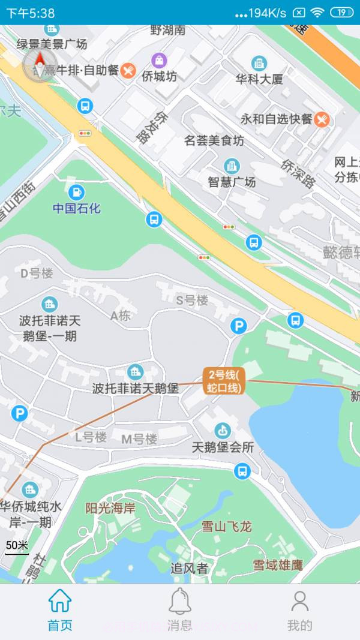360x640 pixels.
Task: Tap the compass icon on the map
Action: (x=40, y=65)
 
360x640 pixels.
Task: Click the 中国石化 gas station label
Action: (x=77, y=208)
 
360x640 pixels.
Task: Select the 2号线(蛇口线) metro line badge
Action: (x=223, y=381)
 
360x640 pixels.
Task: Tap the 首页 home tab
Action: (x=60, y=609)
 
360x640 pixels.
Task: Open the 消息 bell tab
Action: (x=179, y=609)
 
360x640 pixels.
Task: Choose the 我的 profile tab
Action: (x=299, y=609)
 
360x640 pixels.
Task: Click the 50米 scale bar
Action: (x=17, y=547)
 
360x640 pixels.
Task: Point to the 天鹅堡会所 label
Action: (x=223, y=447)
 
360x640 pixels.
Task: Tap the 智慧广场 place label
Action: (x=232, y=181)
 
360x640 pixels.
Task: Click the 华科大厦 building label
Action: (x=259, y=79)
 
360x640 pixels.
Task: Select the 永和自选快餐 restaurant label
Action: (x=277, y=119)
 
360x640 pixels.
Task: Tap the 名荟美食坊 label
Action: (x=214, y=141)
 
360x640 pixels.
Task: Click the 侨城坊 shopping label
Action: (x=159, y=76)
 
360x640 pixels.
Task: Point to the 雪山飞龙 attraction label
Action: (x=226, y=527)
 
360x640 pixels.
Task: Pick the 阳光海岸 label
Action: (x=110, y=509)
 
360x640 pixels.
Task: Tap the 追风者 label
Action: (x=189, y=568)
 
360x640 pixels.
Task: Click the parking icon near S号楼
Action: (x=239, y=326)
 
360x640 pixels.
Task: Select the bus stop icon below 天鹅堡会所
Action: (x=242, y=470)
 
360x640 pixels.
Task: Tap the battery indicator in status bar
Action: (x=341, y=12)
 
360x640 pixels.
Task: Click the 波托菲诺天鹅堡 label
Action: (x=136, y=388)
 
